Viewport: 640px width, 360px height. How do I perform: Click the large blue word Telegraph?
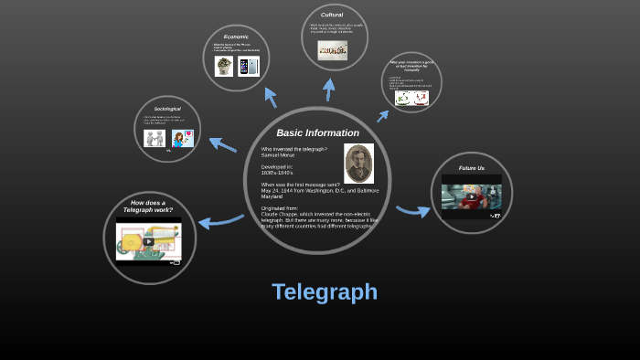[325, 292]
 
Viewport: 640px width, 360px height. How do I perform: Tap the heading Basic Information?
[317, 133]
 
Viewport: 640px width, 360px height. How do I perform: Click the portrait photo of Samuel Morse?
[358, 164]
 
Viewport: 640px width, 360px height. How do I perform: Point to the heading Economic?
[236, 37]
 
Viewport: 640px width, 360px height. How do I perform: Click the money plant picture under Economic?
[224, 66]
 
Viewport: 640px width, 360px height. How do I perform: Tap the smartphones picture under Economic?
[248, 66]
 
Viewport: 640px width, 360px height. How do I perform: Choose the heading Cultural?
[332, 15]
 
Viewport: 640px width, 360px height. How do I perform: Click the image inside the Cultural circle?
[332, 50]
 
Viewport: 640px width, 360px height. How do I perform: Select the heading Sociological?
[167, 109]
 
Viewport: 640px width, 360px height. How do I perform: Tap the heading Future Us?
[472, 168]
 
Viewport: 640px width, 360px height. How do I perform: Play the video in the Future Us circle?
[472, 196]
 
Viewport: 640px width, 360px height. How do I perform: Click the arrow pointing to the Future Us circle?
[413, 212]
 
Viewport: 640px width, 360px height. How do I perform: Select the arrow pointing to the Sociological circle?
[222, 143]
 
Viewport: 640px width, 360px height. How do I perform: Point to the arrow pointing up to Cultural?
[329, 89]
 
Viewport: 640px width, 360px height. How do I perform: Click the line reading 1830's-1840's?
[277, 173]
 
